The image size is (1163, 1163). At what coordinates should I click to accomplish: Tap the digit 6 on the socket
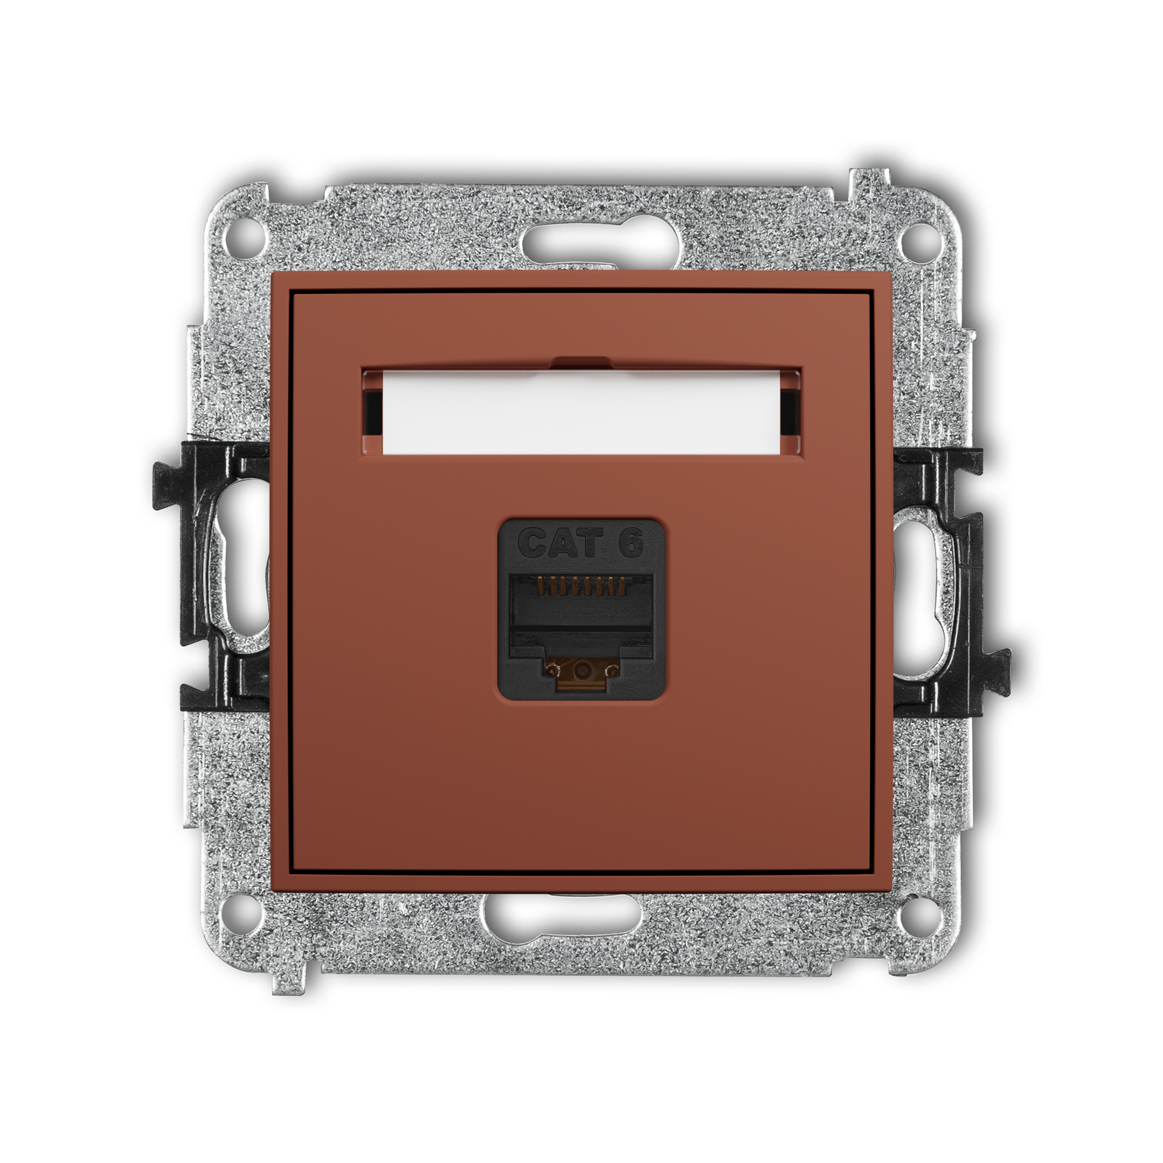coord(631,542)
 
